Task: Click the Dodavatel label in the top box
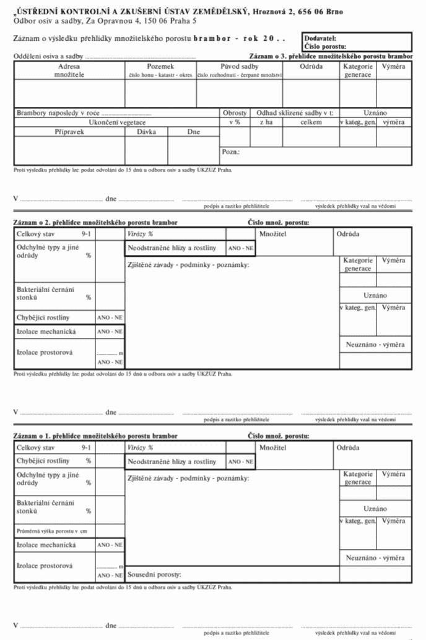[x=320, y=38]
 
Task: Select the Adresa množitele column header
[x=69, y=70]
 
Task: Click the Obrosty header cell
[x=235, y=113]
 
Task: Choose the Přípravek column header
[x=69, y=132]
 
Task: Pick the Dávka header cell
[x=146, y=132]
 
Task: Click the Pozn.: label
[x=230, y=152]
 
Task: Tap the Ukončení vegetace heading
[x=117, y=123]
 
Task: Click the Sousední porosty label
[x=154, y=575]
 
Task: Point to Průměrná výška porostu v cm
[x=52, y=531]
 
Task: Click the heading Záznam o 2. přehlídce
[x=95, y=222]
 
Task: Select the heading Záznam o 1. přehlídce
[x=95, y=436]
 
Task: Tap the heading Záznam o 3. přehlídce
[x=331, y=56]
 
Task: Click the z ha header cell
[x=266, y=123]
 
